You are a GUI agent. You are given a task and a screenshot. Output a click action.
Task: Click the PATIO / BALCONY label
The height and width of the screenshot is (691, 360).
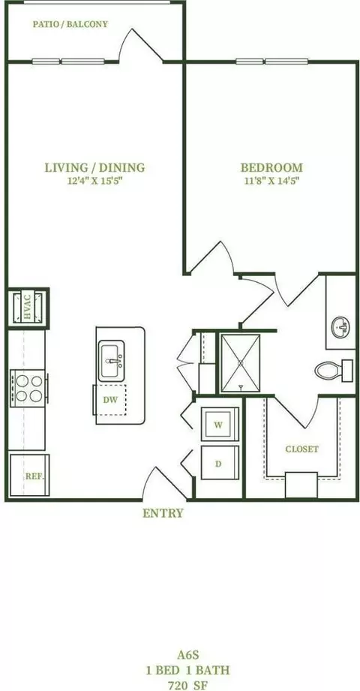click(x=70, y=24)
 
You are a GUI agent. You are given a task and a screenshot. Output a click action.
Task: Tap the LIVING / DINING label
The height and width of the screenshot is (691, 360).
click(x=94, y=167)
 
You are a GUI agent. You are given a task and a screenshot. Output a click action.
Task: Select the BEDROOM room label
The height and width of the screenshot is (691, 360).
click(x=271, y=167)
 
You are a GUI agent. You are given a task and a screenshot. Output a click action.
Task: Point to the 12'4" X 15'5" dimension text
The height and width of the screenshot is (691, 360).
click(x=94, y=181)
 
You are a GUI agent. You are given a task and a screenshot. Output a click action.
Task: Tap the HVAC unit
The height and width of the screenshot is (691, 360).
click(x=28, y=308)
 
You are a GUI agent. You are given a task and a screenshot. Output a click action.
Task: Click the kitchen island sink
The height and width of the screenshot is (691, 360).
click(x=112, y=360)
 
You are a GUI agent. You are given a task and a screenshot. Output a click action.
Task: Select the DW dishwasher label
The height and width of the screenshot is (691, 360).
click(x=110, y=400)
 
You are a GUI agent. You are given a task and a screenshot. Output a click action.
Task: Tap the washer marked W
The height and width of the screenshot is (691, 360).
click(x=220, y=425)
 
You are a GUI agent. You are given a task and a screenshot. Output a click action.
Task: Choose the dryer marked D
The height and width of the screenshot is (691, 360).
click(x=220, y=463)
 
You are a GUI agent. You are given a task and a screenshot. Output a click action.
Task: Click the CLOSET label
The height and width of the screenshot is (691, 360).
click(x=301, y=449)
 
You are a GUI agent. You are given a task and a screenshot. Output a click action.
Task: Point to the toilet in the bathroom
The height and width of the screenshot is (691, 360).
click(x=334, y=369)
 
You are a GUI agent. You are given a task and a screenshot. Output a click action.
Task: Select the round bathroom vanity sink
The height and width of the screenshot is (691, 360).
click(x=340, y=327)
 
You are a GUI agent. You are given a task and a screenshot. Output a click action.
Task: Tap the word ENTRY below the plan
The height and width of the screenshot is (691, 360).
click(x=163, y=513)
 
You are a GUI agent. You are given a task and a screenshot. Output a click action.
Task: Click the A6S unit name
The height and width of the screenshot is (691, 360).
click(x=188, y=655)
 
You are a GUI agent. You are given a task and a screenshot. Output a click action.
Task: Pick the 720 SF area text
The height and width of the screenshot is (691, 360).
click(x=188, y=686)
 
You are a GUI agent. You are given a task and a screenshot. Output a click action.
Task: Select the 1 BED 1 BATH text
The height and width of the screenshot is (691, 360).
click(x=188, y=670)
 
